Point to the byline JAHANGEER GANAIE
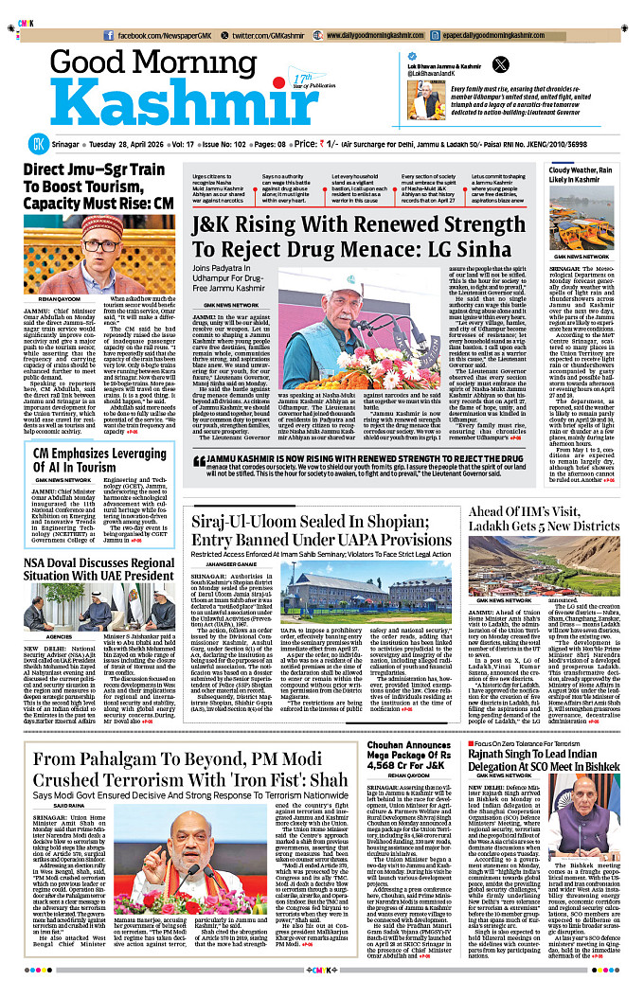coord(219,564)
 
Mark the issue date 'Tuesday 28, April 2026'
coord(126,144)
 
